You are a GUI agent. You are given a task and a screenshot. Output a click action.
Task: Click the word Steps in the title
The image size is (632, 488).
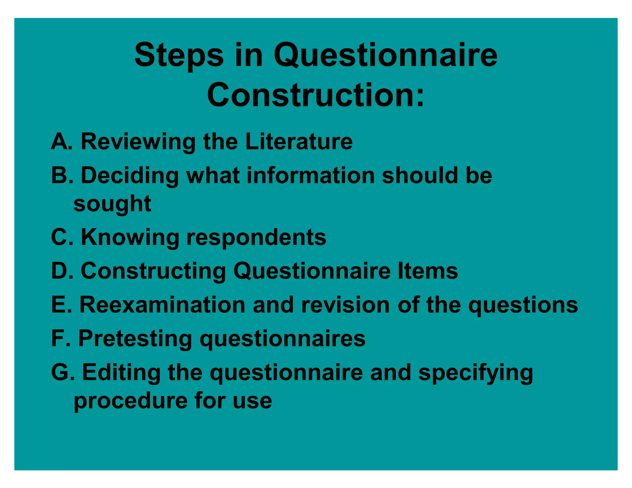click(179, 56)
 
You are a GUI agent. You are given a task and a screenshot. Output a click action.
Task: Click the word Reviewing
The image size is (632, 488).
click(138, 142)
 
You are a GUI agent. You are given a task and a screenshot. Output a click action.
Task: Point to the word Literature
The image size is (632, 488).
click(299, 142)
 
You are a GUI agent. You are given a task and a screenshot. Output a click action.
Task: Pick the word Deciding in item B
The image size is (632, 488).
click(130, 176)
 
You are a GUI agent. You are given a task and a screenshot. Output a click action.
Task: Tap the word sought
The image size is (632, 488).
click(112, 204)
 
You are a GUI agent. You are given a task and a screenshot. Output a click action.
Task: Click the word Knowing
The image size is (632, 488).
click(130, 238)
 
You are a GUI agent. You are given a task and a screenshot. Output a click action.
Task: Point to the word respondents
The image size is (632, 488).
click(256, 238)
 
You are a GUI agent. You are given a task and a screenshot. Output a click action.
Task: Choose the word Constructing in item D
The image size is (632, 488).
click(153, 271)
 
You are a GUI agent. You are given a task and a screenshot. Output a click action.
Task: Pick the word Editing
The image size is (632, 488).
click(121, 373)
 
